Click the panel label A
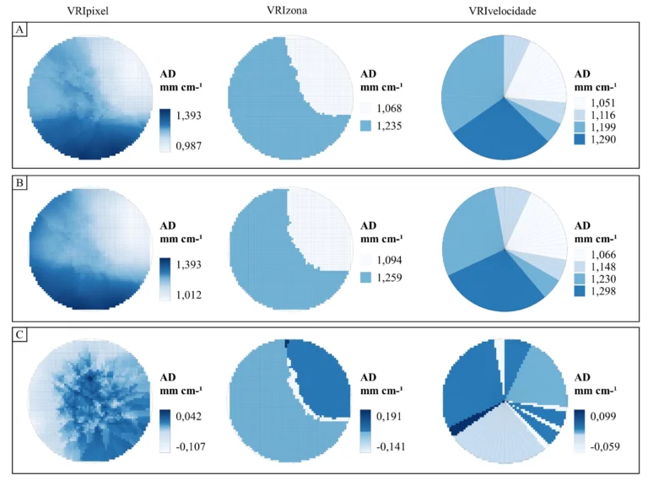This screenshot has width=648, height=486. (19, 29)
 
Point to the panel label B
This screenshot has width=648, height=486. (19, 180)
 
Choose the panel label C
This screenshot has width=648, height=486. (19, 333)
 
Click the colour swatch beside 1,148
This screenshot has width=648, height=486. (582, 263)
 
